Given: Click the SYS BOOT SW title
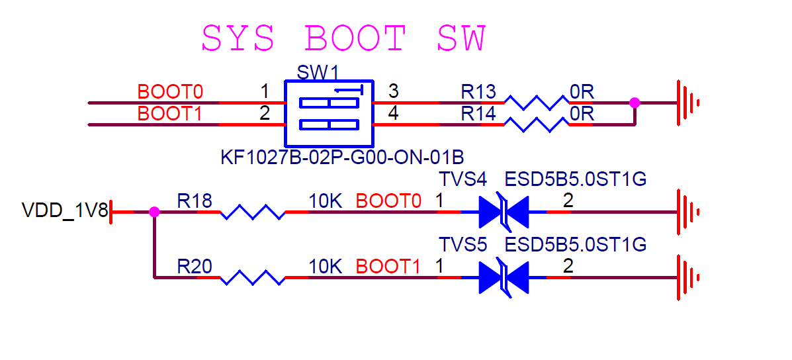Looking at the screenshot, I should (x=343, y=38).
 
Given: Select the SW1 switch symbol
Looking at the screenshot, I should (x=328, y=114).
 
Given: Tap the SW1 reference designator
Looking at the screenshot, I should (x=317, y=72).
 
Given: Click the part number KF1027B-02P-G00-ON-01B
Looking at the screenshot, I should (x=342, y=158).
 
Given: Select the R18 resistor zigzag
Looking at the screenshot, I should (x=251, y=212).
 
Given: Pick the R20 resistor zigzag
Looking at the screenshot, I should (x=251, y=277).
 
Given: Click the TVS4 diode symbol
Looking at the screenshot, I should (x=504, y=212).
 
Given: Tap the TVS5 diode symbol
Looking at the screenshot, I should (x=504, y=277).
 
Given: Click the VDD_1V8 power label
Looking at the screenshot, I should (x=64, y=211).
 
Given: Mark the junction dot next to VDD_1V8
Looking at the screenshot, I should (x=154, y=212).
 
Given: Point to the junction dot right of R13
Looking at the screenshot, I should (x=635, y=103).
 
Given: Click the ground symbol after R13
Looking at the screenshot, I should (x=687, y=103).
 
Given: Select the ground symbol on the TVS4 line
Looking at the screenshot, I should (x=687, y=212).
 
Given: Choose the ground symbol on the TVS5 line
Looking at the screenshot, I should (x=687, y=277).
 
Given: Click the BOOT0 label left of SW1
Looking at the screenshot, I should (x=169, y=91).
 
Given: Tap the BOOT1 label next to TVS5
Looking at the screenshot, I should (x=388, y=267).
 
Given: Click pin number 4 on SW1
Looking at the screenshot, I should (x=393, y=113).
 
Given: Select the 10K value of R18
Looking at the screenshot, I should (x=325, y=201).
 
